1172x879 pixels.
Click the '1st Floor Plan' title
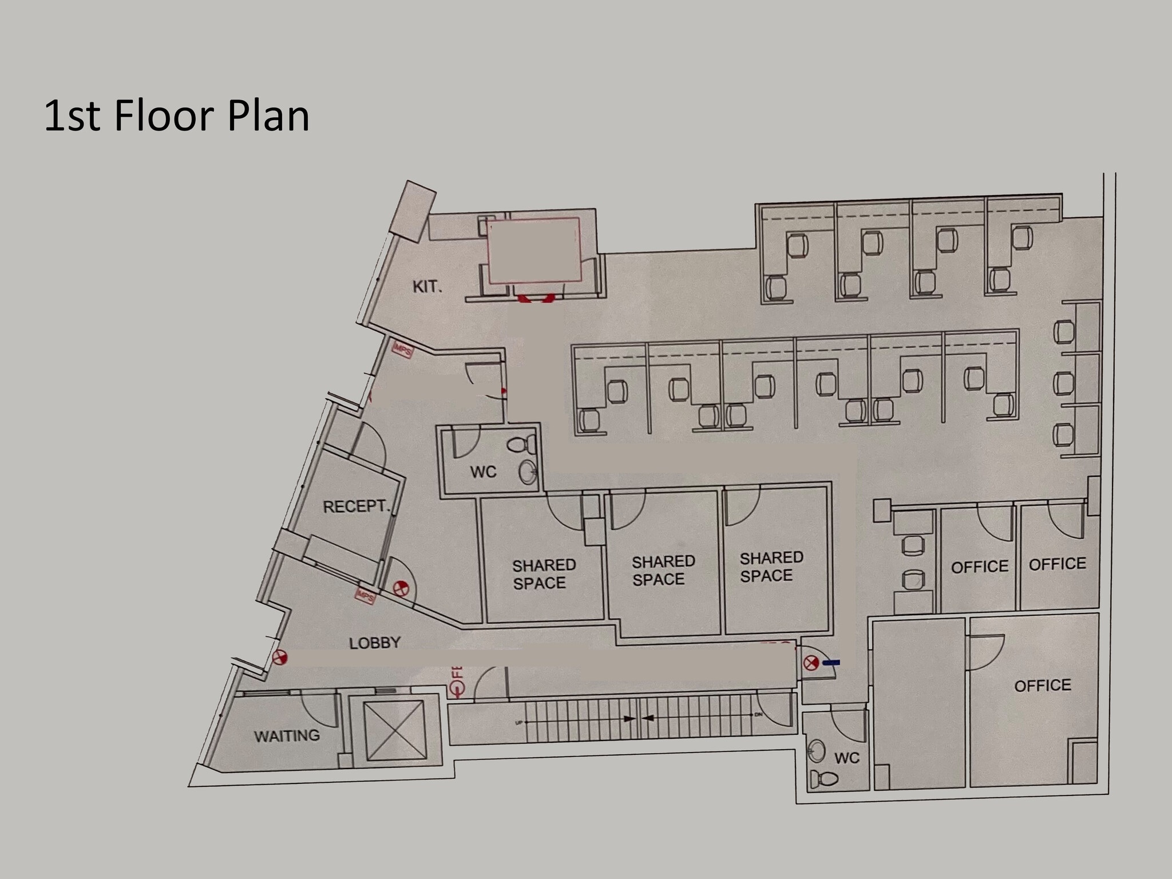point(176,116)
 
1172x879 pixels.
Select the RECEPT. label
point(356,506)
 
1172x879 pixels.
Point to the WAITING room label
point(287,735)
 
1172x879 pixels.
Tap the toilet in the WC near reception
point(522,444)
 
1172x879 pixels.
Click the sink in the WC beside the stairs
point(817,751)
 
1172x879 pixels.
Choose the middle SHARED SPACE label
point(663,570)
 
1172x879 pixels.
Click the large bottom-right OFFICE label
point(1042,685)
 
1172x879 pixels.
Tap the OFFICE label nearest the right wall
point(1057,564)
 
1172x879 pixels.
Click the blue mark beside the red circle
point(832,662)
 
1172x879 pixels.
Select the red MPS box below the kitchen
point(402,349)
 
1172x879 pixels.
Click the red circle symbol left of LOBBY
point(279,658)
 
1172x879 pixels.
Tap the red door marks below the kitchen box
point(536,298)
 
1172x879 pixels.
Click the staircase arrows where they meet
point(637,718)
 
